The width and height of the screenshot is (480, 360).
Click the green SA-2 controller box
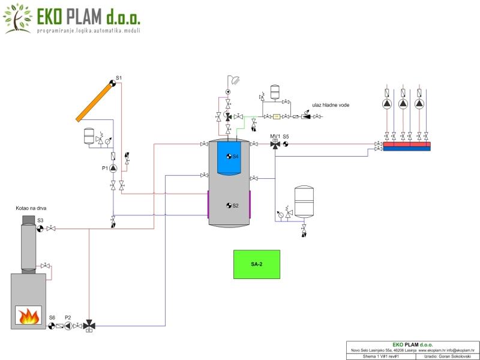coord(257,264)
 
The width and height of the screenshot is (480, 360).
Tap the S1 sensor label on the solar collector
coord(119,78)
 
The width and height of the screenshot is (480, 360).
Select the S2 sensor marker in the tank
coord(229,206)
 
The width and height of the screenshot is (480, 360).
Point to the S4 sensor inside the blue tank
coord(229,157)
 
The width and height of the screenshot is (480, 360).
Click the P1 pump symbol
coord(113,169)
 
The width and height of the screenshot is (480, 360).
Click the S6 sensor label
coord(52,317)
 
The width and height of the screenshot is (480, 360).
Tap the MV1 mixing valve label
coord(275,136)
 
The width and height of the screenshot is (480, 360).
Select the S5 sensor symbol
coord(286,144)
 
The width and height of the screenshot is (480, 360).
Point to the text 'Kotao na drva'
coord(31,208)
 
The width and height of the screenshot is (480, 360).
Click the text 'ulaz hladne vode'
coord(331,105)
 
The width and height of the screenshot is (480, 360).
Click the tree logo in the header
coord(17,18)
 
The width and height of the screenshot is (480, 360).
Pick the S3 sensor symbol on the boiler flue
coord(40,228)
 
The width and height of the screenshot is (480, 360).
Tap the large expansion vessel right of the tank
coord(305,201)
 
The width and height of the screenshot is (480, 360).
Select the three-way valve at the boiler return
coord(89,326)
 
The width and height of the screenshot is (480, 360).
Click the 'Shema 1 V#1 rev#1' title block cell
coord(382,356)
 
